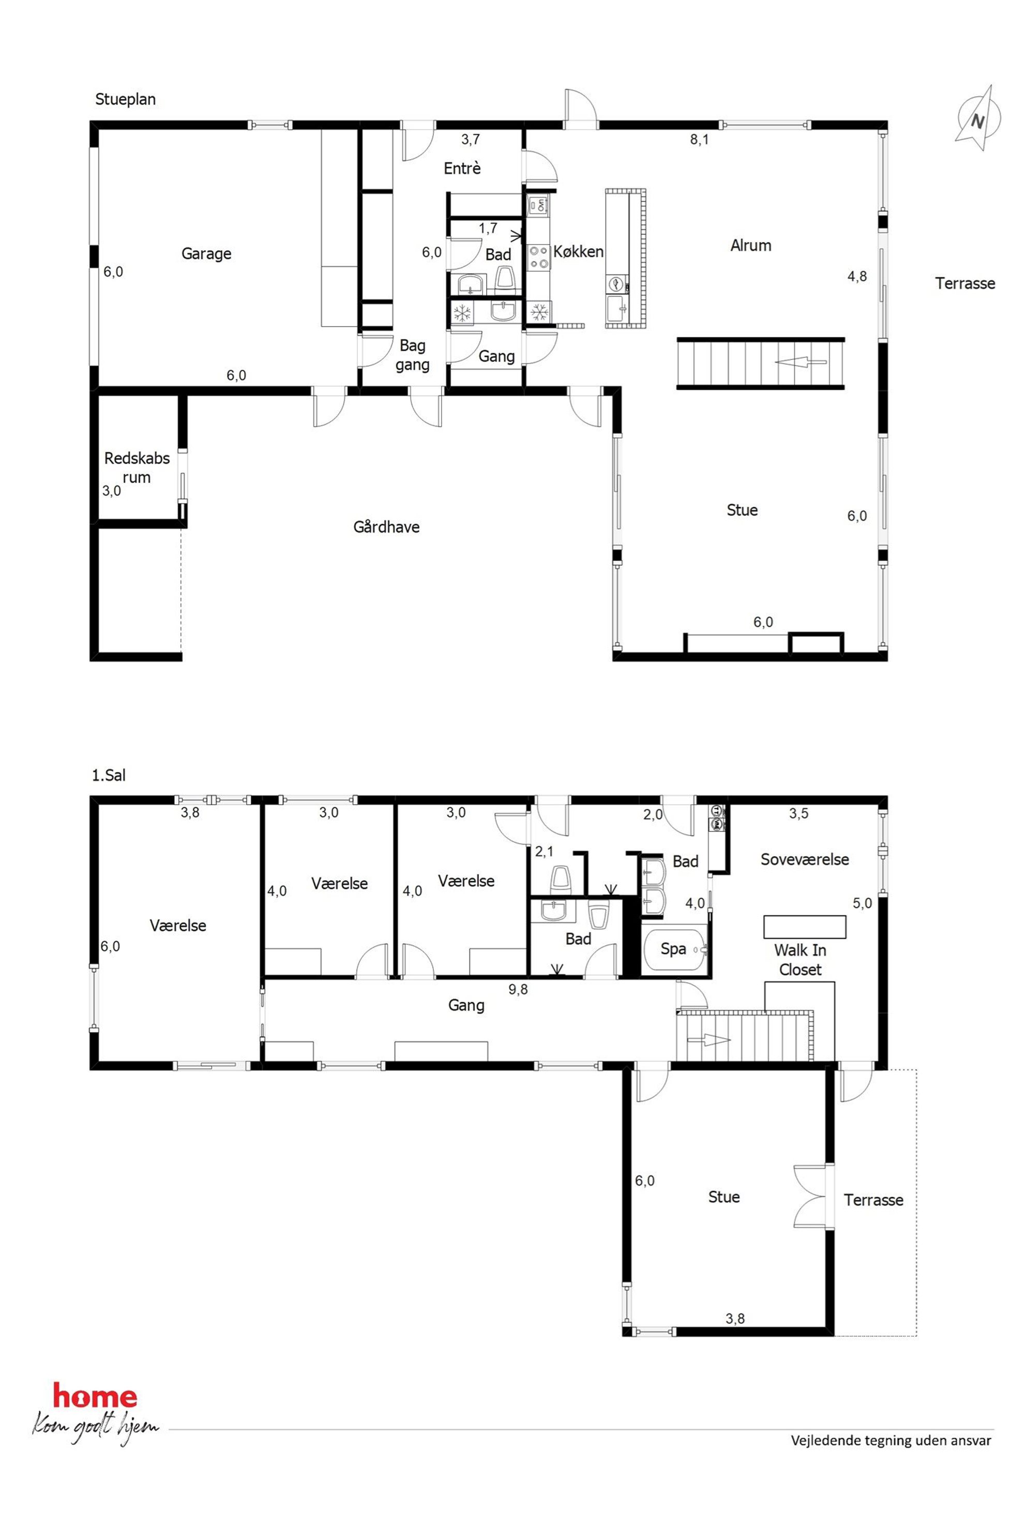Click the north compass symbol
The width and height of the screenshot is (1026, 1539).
(977, 118)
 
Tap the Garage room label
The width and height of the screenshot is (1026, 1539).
(206, 254)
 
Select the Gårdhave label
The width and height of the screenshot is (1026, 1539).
(386, 527)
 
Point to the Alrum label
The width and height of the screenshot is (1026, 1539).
(750, 245)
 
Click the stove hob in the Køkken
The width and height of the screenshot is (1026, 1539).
(538, 256)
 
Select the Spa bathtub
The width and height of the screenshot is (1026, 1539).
(675, 949)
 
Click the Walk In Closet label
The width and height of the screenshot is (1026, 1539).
(799, 960)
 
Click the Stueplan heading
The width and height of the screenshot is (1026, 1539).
(126, 99)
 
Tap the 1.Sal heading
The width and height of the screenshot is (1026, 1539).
(109, 775)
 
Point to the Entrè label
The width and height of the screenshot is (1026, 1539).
(462, 168)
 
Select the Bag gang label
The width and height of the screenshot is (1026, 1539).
(412, 355)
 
